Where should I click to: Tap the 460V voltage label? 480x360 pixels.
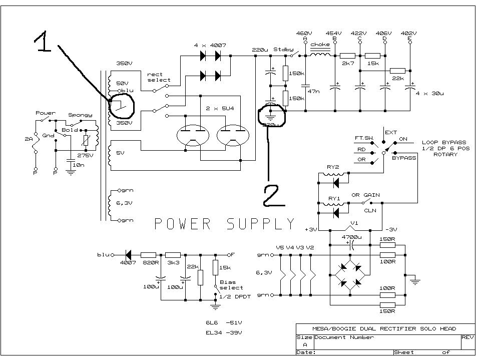click(304, 33)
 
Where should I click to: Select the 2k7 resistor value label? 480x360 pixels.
click(347, 65)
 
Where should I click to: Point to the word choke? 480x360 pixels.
click(320, 45)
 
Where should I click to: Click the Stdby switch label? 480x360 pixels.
click(283, 50)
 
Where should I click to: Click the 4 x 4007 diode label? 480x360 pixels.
click(210, 46)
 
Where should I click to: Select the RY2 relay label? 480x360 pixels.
click(334, 168)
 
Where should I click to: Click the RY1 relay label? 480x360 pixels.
click(334, 198)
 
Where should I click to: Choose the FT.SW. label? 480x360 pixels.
click(363, 137)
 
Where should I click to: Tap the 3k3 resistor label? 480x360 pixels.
click(173, 262)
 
